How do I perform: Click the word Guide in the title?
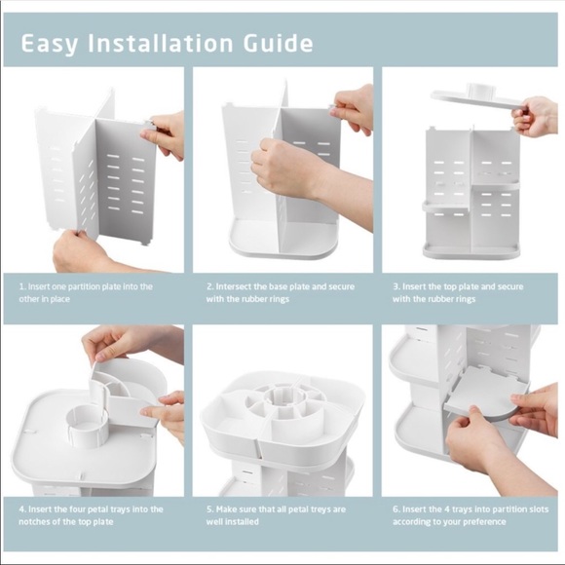pos(278,43)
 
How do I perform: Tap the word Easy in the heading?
pos(50,45)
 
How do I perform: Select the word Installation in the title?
pos(161,43)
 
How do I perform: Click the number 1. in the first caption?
pos(22,286)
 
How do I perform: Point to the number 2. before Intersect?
pos(210,286)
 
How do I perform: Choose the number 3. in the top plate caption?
pos(396,286)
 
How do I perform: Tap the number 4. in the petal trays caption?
pos(22,509)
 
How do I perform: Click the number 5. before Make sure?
pos(210,509)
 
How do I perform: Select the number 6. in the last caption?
pos(396,509)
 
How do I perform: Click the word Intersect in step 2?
pos(234,286)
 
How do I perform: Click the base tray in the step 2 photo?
pos(282,241)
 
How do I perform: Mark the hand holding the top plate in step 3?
pos(536,117)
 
